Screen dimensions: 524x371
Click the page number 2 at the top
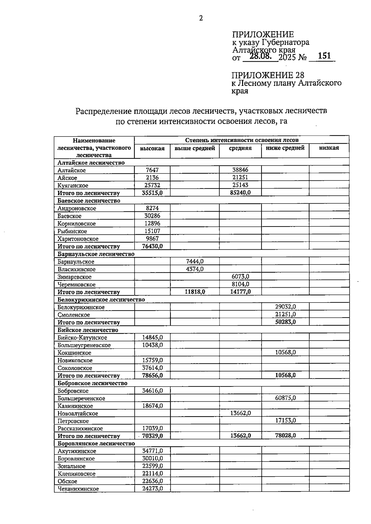[x=201, y=19]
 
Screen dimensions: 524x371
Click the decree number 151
[x=324, y=56]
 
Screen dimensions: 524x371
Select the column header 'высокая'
[x=152, y=148]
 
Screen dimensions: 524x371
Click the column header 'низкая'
[x=329, y=148]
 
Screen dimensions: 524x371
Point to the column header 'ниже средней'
[x=285, y=148]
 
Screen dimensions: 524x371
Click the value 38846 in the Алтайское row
[x=240, y=170]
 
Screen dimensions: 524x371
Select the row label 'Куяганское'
[x=73, y=185]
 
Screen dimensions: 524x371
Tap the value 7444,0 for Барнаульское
[x=195, y=261]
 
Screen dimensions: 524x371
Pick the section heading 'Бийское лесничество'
[x=88, y=330]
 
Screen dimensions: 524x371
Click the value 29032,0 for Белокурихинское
[x=285, y=307]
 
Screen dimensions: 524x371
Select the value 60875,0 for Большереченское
[x=285, y=398]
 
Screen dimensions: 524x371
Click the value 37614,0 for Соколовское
[x=152, y=368]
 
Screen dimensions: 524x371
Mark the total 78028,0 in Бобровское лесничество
[x=285, y=436]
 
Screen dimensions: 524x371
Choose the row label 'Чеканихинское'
[x=78, y=489]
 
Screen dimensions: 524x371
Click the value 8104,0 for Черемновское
[x=240, y=284]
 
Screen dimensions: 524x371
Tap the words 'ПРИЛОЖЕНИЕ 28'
[x=268, y=75]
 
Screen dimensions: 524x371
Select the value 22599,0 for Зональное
[x=152, y=466]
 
